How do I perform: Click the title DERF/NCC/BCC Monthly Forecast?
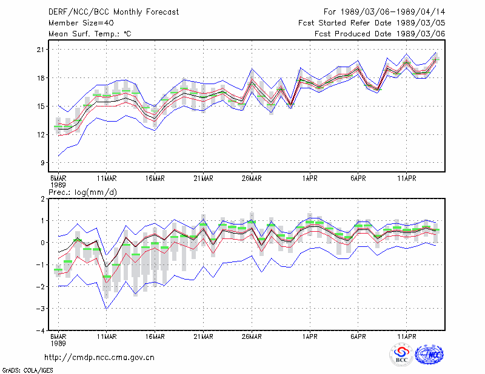(113, 12)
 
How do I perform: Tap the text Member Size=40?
(81, 23)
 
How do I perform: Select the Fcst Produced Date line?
(380, 34)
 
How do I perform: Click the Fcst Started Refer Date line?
(372, 23)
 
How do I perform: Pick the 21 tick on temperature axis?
(41, 50)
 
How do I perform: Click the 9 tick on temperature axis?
(42, 163)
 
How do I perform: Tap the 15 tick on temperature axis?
(41, 107)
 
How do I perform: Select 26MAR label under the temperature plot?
(252, 179)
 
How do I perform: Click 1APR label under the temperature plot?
(310, 179)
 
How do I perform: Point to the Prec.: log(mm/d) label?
(83, 192)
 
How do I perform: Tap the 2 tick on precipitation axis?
(42, 198)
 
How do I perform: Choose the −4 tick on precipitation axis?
(41, 330)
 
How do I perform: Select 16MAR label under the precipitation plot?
(155, 336)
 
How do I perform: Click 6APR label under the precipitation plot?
(358, 336)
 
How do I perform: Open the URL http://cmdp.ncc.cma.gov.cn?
(99, 358)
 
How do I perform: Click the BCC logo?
(401, 355)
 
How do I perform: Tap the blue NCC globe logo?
(429, 355)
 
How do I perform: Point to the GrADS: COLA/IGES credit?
(27, 370)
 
